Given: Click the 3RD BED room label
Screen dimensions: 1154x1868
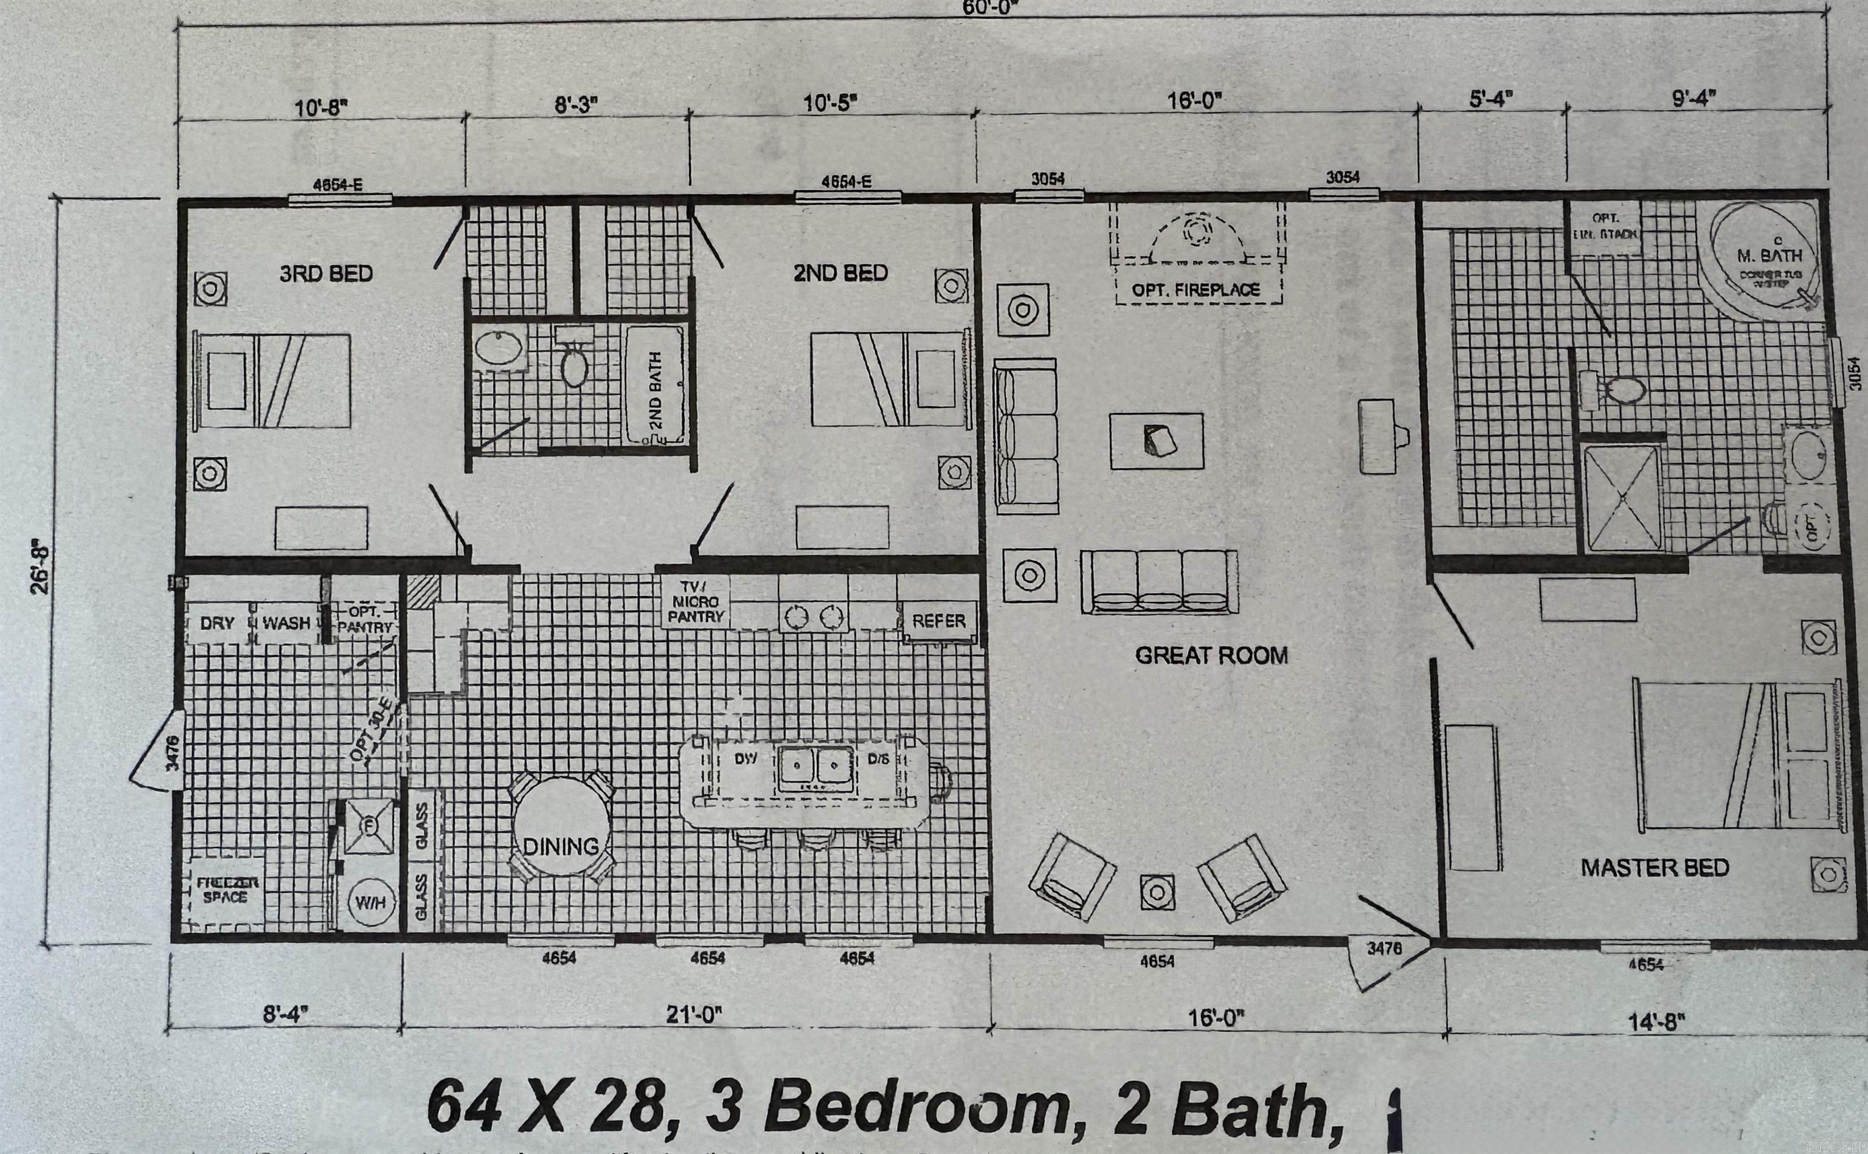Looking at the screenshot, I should click(326, 273).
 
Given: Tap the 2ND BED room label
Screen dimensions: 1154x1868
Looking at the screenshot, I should click(840, 272).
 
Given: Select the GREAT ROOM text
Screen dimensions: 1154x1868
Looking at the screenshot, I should click(1211, 655).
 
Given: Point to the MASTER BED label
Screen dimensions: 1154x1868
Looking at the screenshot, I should click(1655, 867).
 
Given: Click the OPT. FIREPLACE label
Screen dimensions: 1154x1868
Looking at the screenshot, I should click(1195, 290).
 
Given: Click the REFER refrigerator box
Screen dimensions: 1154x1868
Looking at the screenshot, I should click(939, 621).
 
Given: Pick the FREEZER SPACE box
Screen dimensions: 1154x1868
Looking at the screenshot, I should click(227, 891).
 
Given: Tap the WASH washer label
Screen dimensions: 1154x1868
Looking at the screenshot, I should click(286, 623).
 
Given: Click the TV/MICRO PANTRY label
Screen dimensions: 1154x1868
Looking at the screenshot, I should click(695, 601).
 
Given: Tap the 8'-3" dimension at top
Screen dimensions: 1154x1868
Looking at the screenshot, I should click(576, 105).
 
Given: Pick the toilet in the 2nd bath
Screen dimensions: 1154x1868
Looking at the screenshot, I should click(574, 368).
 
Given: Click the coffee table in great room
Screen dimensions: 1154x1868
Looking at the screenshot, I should click(1156, 441).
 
